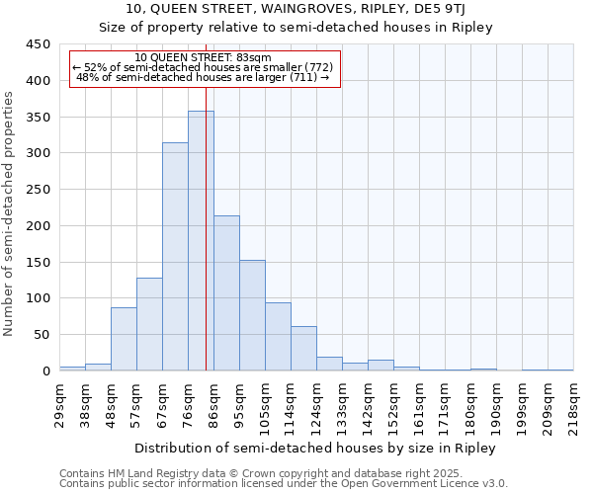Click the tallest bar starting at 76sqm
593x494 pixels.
pyautogui.click(x=201, y=241)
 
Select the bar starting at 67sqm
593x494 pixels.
pyautogui.click(x=175, y=257)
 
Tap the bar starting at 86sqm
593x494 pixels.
pyautogui.click(x=226, y=293)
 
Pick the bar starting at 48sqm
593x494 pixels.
pyautogui.click(x=124, y=339)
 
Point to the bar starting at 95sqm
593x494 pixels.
pyautogui.click(x=252, y=315)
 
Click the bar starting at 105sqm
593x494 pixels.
pyautogui.click(x=278, y=337)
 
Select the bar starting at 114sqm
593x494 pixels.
pyautogui.click(x=303, y=349)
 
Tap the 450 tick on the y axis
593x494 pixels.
pyautogui.click(x=39, y=44)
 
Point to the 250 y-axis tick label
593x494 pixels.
pyautogui.click(x=39, y=190)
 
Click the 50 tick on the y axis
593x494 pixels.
pyautogui.click(x=42, y=335)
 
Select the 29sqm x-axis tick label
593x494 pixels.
pyautogui.click(x=60, y=404)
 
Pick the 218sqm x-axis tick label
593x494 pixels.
pyautogui.click(x=574, y=404)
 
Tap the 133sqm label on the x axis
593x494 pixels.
pyautogui.click(x=343, y=404)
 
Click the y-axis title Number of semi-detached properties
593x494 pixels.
pyautogui.click(x=9, y=212)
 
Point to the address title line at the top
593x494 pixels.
pyautogui.click(x=296, y=9)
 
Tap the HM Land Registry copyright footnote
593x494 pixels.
pyautogui.click(x=283, y=473)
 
